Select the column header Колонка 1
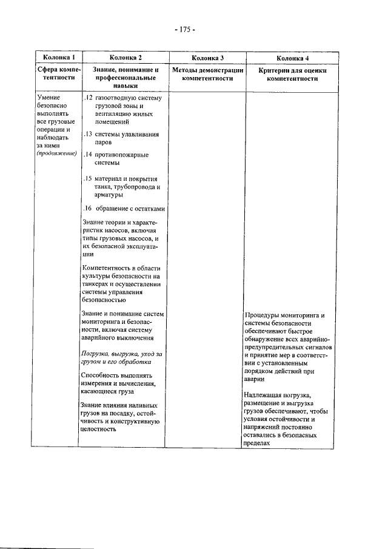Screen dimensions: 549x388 55,58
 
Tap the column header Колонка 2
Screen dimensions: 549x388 122,58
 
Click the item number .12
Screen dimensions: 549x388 87,98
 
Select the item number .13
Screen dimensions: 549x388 87,133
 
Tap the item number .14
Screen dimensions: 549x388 87,155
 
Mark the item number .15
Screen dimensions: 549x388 87,179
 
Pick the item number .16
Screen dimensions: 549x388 87,209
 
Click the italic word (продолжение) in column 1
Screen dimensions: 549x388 56,153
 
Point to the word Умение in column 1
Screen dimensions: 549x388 48,98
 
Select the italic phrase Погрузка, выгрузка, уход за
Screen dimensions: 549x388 122,354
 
